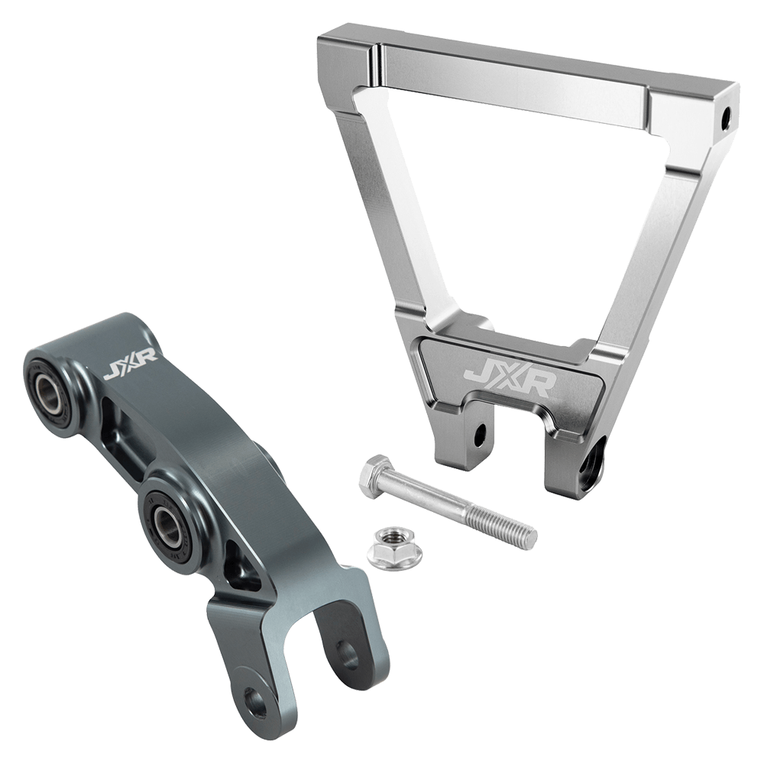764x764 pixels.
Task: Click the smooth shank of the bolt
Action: [x=432, y=500]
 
